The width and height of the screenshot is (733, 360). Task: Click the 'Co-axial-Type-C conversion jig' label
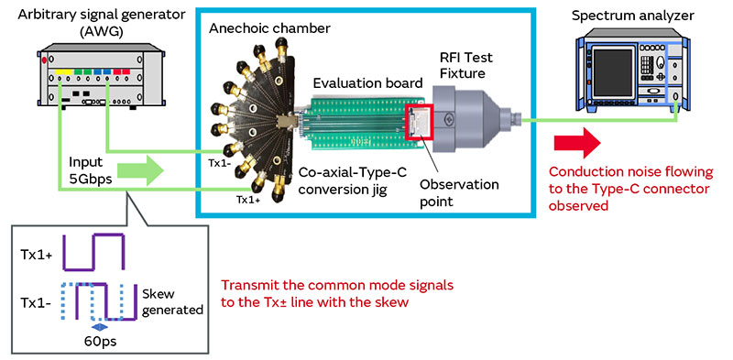(x=352, y=181)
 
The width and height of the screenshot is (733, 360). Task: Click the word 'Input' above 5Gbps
(x=87, y=161)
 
